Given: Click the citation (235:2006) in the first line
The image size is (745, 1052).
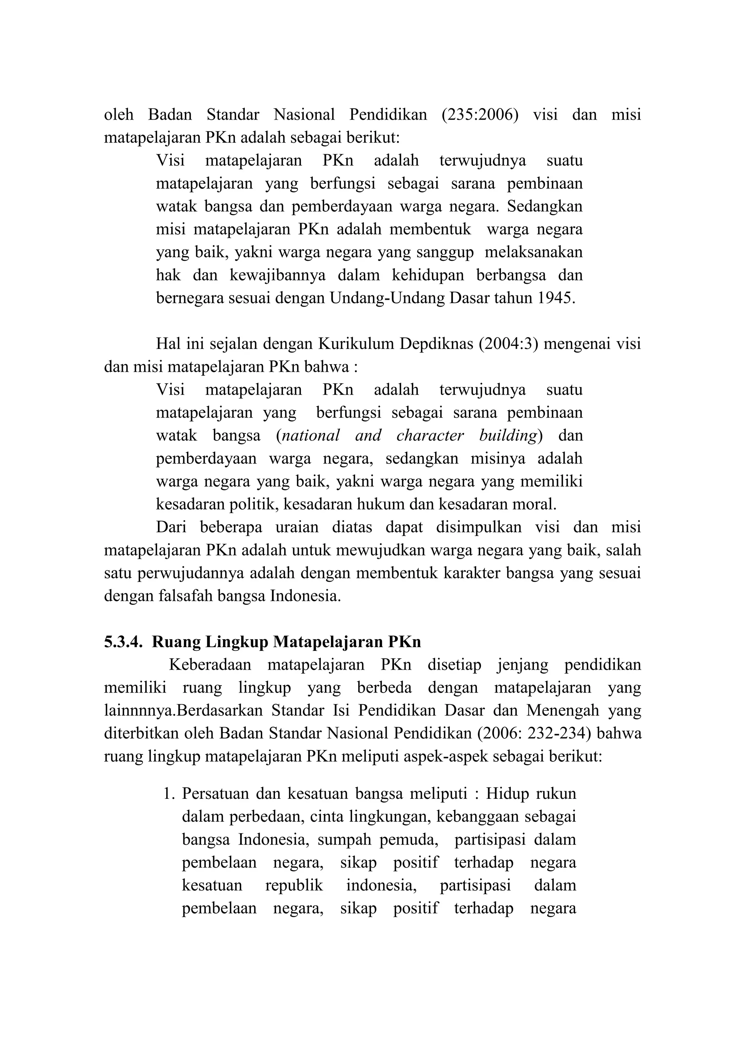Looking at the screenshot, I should pos(480,114).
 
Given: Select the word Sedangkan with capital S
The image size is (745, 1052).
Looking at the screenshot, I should pos(545,207).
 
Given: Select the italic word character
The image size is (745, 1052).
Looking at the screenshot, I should pos(430,435).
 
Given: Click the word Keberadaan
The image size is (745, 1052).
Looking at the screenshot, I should pos(210,665).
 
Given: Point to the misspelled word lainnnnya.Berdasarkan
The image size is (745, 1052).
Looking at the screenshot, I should pos(183,711).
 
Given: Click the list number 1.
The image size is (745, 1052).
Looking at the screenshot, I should pos(168,794).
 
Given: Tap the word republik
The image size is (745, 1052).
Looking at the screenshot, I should pos(294,885).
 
